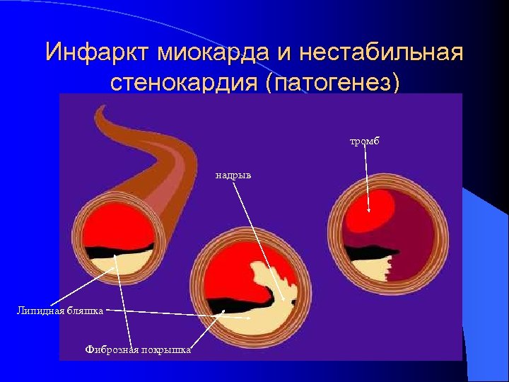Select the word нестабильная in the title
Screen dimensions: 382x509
point(381,52)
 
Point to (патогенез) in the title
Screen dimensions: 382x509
point(332,82)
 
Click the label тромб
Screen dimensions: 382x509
point(365,141)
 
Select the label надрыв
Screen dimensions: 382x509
point(233,174)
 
